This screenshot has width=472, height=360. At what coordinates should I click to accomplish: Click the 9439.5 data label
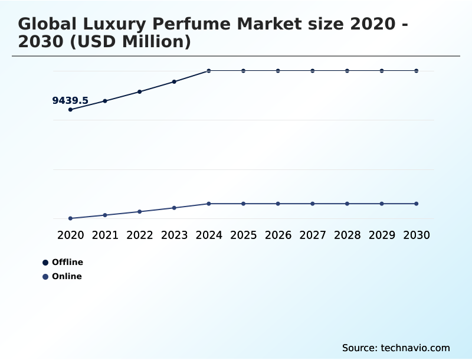pyautogui.click(x=70, y=101)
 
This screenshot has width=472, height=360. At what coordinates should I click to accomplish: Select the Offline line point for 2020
pyautogui.click(x=70, y=110)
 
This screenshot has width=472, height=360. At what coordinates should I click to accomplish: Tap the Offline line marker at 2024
pyautogui.click(x=209, y=71)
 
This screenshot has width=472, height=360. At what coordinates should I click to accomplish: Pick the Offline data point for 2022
pyautogui.click(x=140, y=91)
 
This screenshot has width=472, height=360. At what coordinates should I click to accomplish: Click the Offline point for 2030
pyautogui.click(x=417, y=71)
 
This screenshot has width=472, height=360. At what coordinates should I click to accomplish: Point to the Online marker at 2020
pyautogui.click(x=70, y=218)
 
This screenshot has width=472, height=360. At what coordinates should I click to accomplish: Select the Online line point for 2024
pyautogui.click(x=209, y=204)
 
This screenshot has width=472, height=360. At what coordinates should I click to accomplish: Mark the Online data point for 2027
pyautogui.click(x=313, y=204)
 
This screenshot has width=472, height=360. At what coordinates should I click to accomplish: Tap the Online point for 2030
pyautogui.click(x=417, y=204)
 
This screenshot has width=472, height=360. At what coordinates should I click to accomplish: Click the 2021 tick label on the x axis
pyautogui.click(x=105, y=235)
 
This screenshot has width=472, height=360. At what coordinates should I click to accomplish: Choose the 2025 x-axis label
pyautogui.click(x=243, y=235)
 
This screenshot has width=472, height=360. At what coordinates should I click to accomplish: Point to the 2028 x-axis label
pyautogui.click(x=347, y=235)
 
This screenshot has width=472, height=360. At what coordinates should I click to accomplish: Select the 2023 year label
pyautogui.click(x=174, y=235)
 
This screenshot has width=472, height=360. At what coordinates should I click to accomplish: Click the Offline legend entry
pyautogui.click(x=63, y=262)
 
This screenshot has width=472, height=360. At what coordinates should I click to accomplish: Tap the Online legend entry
pyautogui.click(x=63, y=276)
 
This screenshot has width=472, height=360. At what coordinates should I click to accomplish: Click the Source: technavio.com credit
pyautogui.click(x=396, y=348)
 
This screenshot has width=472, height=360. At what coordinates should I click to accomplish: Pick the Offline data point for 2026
pyautogui.click(x=278, y=71)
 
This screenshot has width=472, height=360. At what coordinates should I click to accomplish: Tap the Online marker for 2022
pyautogui.click(x=140, y=211)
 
